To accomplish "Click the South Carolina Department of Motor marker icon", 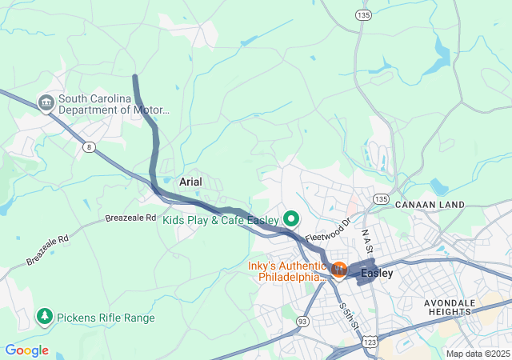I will tap(46, 102).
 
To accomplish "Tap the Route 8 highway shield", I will tap(87, 146).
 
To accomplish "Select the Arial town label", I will tap(190, 182).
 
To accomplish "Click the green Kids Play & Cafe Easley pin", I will tap(291, 218).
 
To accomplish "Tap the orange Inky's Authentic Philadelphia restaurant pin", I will tap(338, 269).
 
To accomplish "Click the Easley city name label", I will tap(377, 274).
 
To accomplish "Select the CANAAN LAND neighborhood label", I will tap(430, 205).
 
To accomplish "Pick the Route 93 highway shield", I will tap(302, 321).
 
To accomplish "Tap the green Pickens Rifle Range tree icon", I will tap(45, 318).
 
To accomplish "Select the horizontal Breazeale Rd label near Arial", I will tap(130, 218).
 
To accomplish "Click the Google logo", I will tap(26, 350).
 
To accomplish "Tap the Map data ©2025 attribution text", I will tap(477, 354).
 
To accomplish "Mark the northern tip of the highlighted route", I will tap(135, 77).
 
